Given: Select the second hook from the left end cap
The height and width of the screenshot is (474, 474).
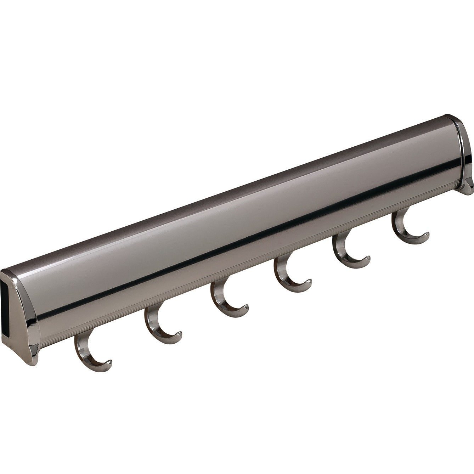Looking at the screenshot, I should click(158, 322).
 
